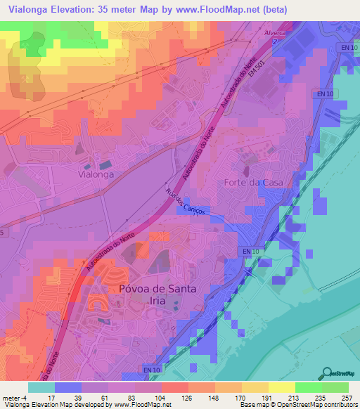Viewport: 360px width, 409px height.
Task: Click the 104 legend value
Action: point(161,397)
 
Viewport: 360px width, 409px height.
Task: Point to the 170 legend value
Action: point(241,397)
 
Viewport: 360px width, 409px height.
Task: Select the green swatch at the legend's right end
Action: point(335,387)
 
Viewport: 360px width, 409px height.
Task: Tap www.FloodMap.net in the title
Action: point(221,10)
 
